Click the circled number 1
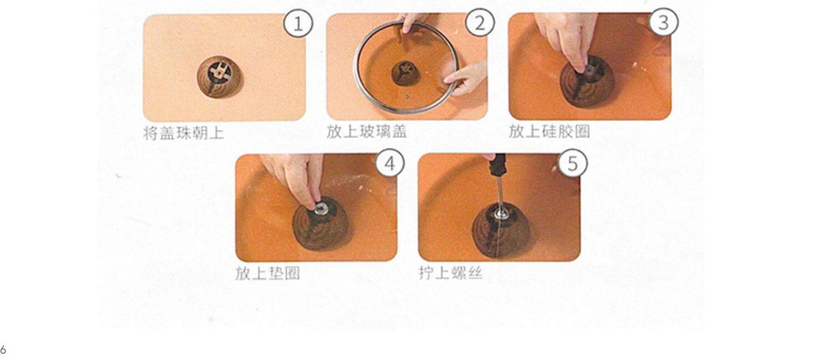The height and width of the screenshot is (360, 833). pos(298,23)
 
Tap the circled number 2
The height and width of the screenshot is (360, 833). pos(480,23)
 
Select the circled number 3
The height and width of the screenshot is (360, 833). pos(664,22)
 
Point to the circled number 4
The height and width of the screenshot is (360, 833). pos(390,163)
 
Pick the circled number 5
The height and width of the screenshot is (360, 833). pos(573,163)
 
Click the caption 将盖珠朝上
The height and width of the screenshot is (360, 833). pos(184,133)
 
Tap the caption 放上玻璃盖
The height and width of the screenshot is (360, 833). pos(367,132)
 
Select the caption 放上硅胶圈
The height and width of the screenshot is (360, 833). pos(549,131)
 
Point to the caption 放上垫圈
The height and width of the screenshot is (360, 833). pos(267,274)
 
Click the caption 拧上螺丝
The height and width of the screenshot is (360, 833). pos(450,273)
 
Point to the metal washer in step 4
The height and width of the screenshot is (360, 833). pos(320,208)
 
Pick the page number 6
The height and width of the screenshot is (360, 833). pos(3,350)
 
